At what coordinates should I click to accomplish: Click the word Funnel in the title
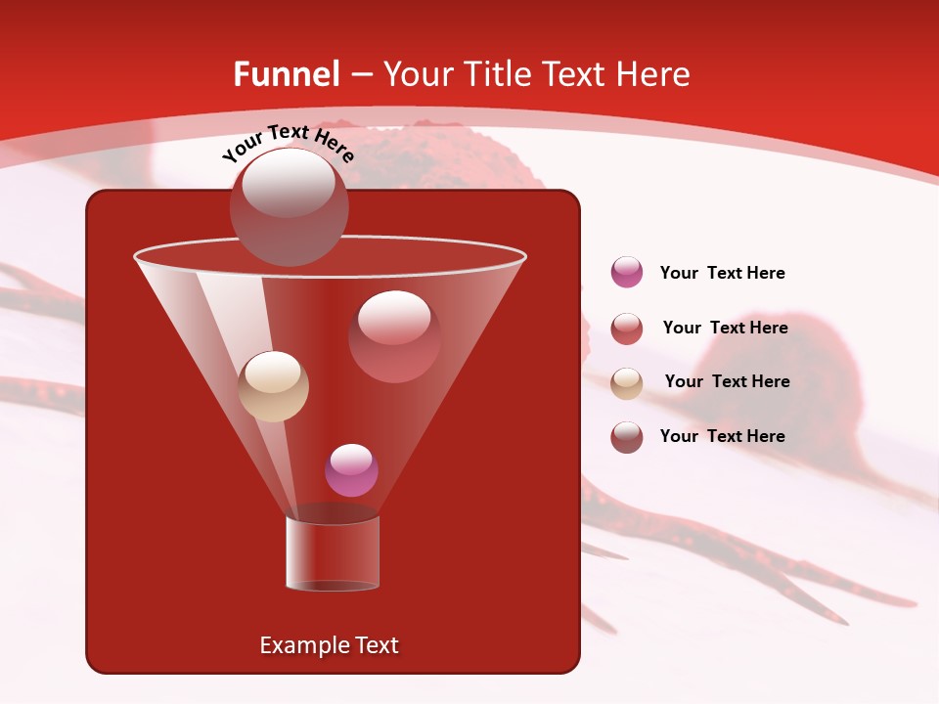(287, 74)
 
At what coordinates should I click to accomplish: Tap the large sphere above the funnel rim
(289, 206)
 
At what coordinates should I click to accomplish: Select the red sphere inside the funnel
(394, 335)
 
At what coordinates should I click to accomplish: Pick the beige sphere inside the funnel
(274, 386)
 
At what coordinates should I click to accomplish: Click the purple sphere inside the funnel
(351, 470)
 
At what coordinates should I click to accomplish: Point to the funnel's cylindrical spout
(332, 553)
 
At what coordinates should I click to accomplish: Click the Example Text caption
(329, 645)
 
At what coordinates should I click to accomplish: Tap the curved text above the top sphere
(288, 142)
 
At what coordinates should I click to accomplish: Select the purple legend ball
(627, 272)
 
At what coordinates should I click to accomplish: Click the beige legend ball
(627, 383)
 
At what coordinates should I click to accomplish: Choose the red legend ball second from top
(627, 329)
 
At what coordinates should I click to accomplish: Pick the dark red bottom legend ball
(627, 437)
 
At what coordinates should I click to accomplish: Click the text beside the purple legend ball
(722, 273)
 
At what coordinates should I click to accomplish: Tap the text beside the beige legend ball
(727, 381)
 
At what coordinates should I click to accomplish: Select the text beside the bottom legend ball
(722, 436)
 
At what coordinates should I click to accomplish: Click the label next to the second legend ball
(725, 328)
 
